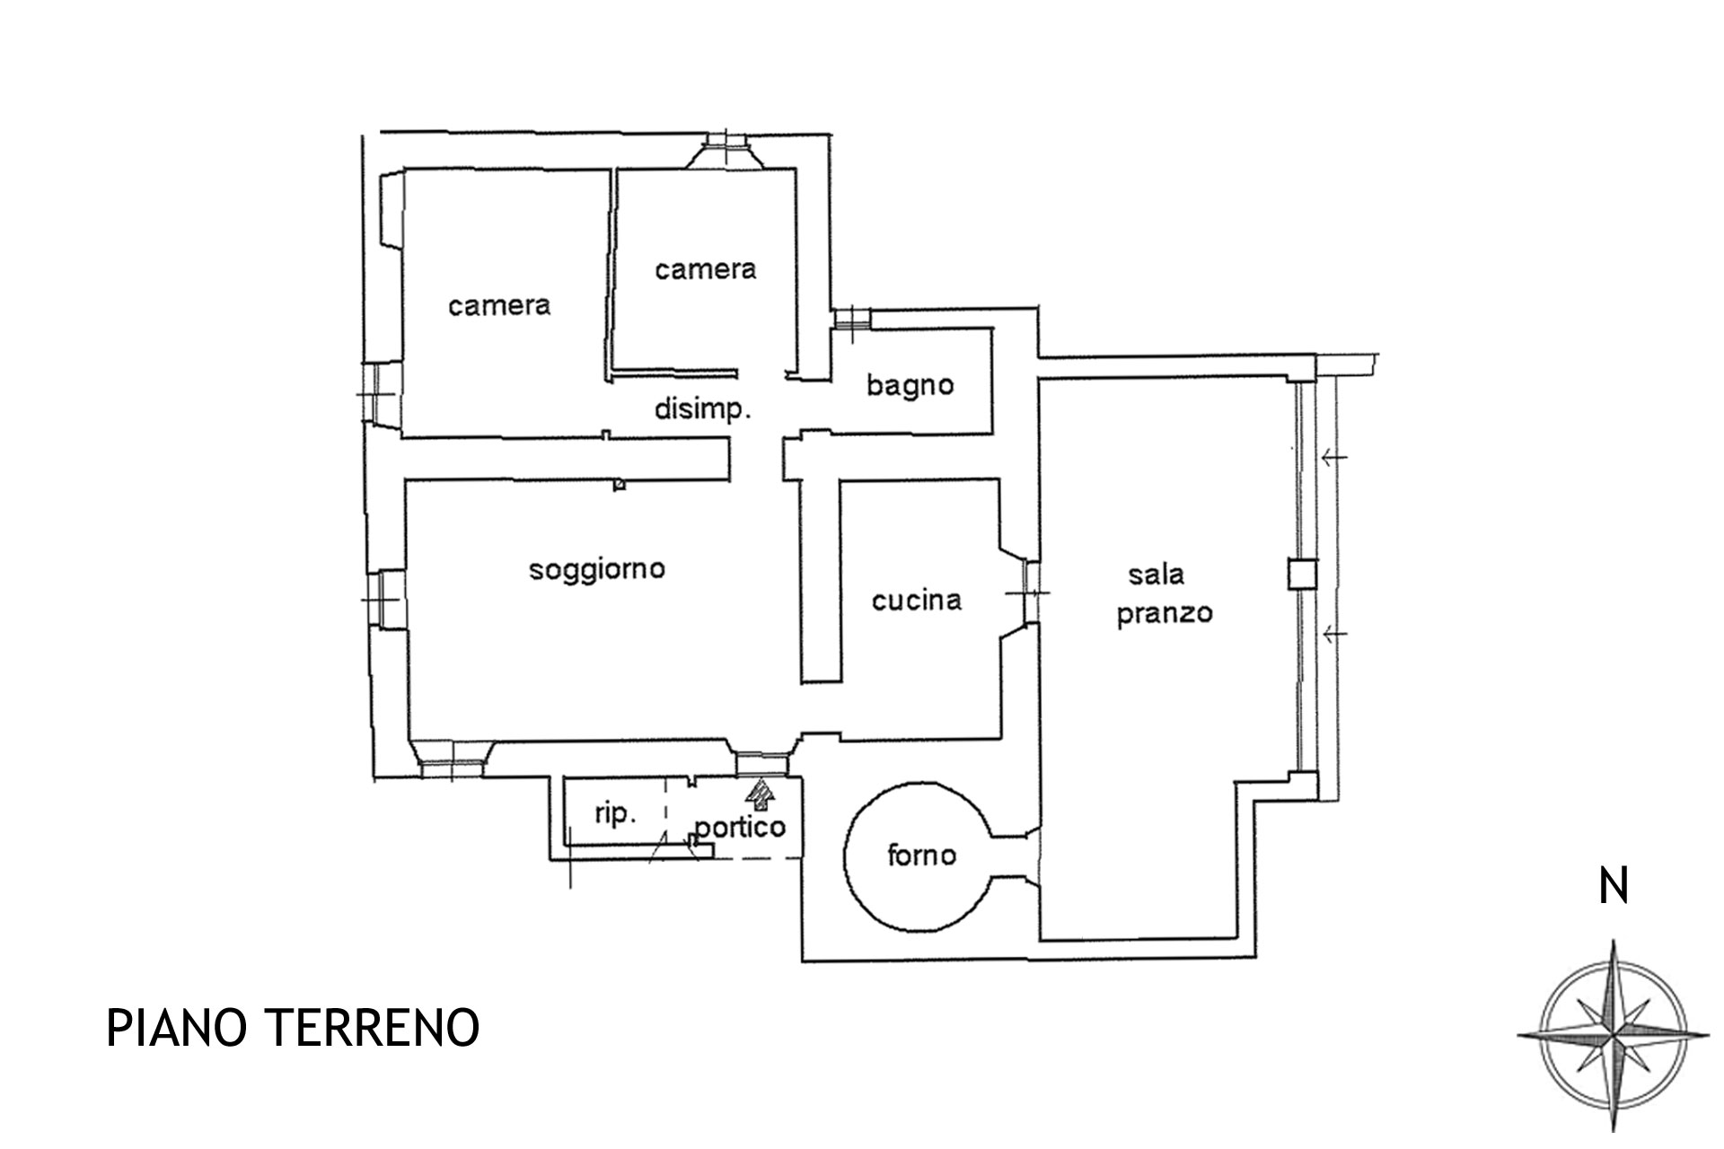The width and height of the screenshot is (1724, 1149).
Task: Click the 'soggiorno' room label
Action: pyautogui.click(x=597, y=570)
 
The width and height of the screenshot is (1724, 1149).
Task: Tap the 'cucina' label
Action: pyautogui.click(x=917, y=600)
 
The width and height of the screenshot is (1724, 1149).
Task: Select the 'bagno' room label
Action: pyautogui.click(x=910, y=386)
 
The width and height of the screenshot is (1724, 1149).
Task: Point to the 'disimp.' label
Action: pyautogui.click(x=702, y=410)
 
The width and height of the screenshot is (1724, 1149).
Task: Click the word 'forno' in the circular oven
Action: pyautogui.click(x=921, y=855)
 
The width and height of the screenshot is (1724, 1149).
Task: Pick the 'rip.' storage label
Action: pyautogui.click(x=615, y=815)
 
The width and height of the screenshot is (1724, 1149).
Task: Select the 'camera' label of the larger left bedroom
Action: pyautogui.click(x=499, y=306)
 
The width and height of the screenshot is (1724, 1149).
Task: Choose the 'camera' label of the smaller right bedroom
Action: pyautogui.click(x=705, y=269)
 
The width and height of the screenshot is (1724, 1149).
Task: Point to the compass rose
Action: pyautogui.click(x=1614, y=1035)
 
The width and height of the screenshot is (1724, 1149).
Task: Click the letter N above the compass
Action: pyautogui.click(x=1614, y=887)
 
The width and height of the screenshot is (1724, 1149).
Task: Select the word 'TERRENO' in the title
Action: pyautogui.click(x=371, y=1029)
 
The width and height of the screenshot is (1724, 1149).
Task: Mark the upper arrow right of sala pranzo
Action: pyautogui.click(x=1334, y=458)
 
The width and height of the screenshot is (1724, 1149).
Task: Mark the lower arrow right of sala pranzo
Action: pyautogui.click(x=1334, y=635)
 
